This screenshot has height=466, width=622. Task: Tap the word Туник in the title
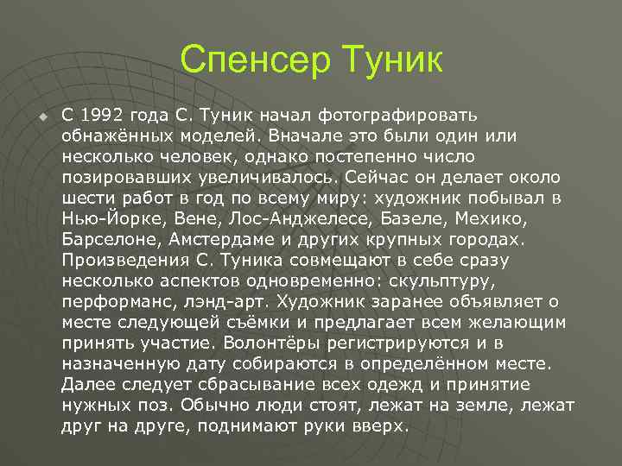(x=393, y=60)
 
